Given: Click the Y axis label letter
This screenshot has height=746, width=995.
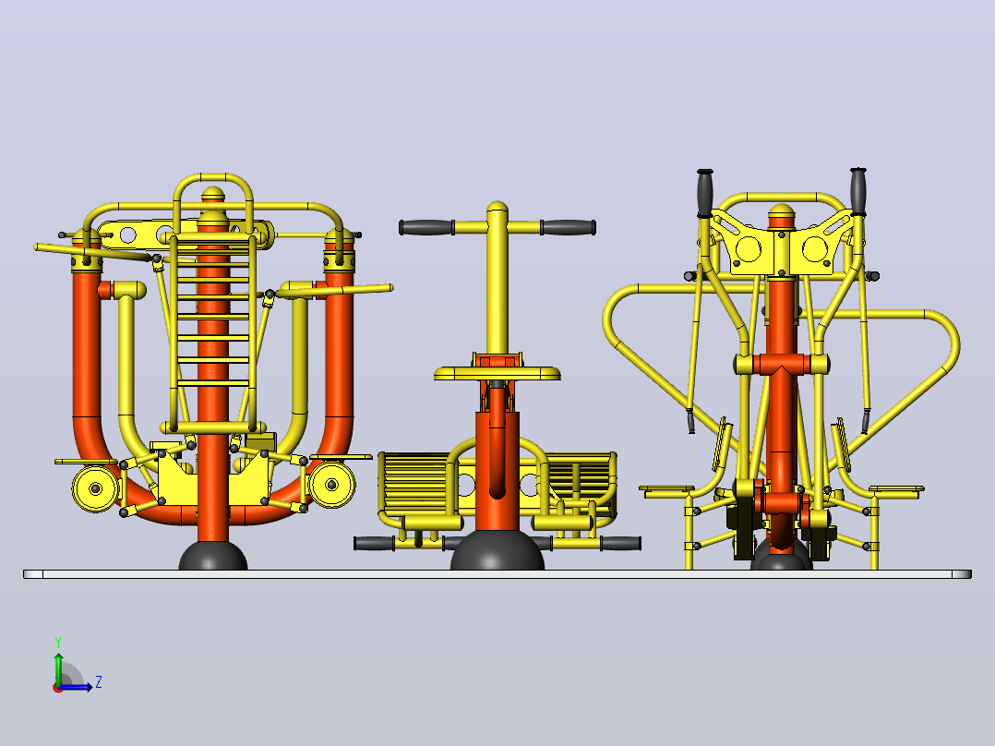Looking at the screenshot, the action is click(x=58, y=642).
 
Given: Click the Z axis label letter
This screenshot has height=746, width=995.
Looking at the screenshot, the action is click(x=99, y=682).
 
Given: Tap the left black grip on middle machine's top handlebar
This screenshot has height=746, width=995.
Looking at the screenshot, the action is click(x=426, y=227).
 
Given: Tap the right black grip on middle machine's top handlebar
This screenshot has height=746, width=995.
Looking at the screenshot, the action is click(x=569, y=227).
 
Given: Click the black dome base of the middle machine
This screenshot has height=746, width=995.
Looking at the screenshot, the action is click(x=497, y=550).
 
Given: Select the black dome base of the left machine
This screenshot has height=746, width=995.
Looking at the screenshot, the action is click(x=213, y=556).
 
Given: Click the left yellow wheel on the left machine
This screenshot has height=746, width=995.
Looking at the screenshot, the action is click(x=95, y=488).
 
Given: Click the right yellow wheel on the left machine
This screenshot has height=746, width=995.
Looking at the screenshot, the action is click(x=331, y=485).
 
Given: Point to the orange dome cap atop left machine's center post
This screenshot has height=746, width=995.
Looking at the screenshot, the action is click(x=212, y=194).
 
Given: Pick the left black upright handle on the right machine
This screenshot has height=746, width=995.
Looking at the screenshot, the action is click(x=705, y=193).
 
